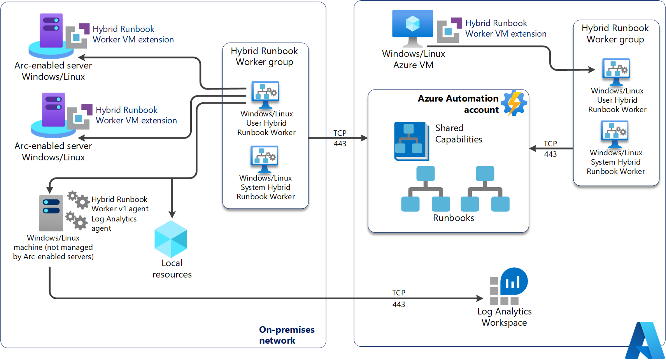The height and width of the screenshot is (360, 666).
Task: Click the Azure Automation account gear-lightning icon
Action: point(514,104)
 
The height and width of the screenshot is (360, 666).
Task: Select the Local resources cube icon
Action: point(171,239)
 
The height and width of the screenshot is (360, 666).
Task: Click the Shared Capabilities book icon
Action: point(411,141)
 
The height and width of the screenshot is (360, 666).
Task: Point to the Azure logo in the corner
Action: point(645,341)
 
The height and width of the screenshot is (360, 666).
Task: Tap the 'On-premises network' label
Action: point(287,335)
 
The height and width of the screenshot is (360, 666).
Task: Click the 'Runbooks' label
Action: point(453,218)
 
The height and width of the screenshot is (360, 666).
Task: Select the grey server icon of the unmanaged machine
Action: point(51,213)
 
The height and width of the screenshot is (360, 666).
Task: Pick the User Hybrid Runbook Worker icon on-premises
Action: point(265,95)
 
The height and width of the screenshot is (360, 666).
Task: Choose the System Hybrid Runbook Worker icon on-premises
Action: point(264,159)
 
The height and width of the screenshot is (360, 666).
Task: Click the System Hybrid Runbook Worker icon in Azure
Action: point(615,133)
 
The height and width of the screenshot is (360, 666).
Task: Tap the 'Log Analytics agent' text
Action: point(114,223)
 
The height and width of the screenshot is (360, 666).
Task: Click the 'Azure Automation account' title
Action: point(458,104)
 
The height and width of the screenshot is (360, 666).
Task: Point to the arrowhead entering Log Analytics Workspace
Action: point(480,299)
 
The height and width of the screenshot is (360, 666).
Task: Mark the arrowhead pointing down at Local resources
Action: point(172,214)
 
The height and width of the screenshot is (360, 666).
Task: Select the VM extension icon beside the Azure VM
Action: point(449,30)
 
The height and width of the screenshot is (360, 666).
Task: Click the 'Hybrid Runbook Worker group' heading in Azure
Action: point(615,34)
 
